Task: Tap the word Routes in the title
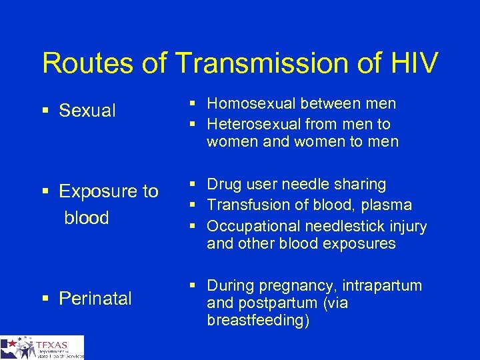pyautogui.click(x=84, y=63)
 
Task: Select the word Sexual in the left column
pyautogui.click(x=87, y=111)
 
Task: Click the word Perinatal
pyautogui.click(x=95, y=299)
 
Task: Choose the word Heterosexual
pyautogui.click(x=254, y=124)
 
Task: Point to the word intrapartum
pyautogui.click(x=383, y=286)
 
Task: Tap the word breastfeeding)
pyautogui.click(x=258, y=320)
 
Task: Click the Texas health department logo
pyautogui.click(x=42, y=347)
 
